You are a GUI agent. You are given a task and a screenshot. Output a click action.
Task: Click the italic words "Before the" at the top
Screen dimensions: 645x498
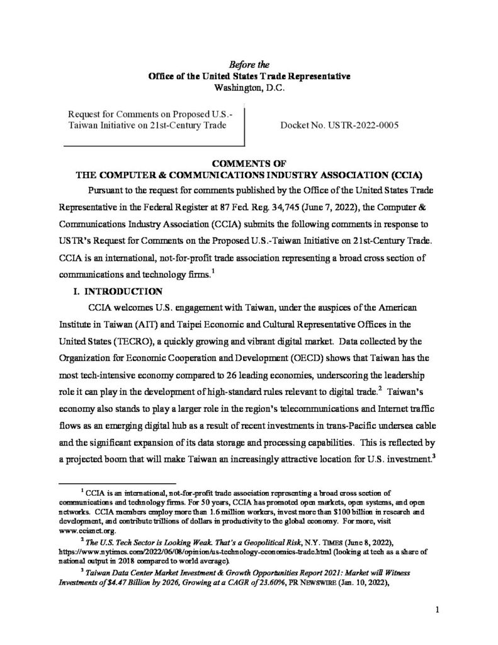point(249,64)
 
